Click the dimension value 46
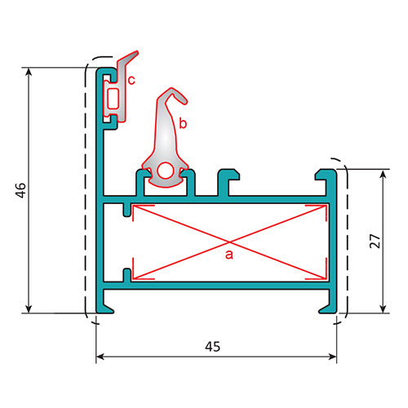21,190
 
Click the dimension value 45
213,347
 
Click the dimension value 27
375,241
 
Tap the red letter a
229,255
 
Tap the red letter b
183,123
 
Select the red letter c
131,81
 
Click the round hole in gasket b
166,171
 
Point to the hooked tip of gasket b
183,100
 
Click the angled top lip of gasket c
129,58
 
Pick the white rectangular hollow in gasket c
113,99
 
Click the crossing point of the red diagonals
230,242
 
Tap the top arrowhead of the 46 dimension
29,72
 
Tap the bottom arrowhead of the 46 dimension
29,308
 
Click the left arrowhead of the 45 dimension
100,357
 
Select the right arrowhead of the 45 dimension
332,357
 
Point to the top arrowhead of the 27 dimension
383,174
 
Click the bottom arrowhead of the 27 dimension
383,308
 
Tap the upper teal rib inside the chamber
127,210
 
